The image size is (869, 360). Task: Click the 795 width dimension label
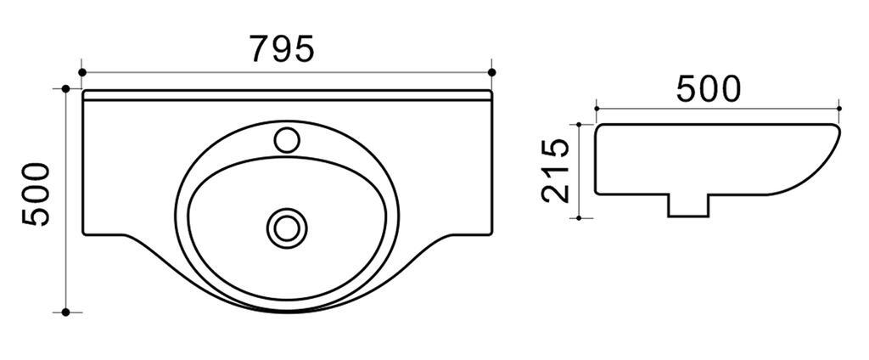[282, 49]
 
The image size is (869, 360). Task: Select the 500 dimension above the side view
[708, 89]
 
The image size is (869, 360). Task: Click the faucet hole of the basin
[289, 138]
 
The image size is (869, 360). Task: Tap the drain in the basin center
[286, 227]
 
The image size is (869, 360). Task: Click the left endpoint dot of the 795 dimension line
[82, 72]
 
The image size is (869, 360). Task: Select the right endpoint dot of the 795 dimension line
[492, 72]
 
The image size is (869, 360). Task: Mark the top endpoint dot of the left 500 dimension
[65, 88]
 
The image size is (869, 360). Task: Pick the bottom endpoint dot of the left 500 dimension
[65, 312]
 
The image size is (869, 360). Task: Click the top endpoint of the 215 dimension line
[579, 124]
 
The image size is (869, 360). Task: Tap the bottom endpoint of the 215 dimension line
[579, 217]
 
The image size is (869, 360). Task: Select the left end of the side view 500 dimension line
[597, 109]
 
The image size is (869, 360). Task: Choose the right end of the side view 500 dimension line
[839, 109]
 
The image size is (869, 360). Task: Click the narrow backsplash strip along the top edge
[287, 94]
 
